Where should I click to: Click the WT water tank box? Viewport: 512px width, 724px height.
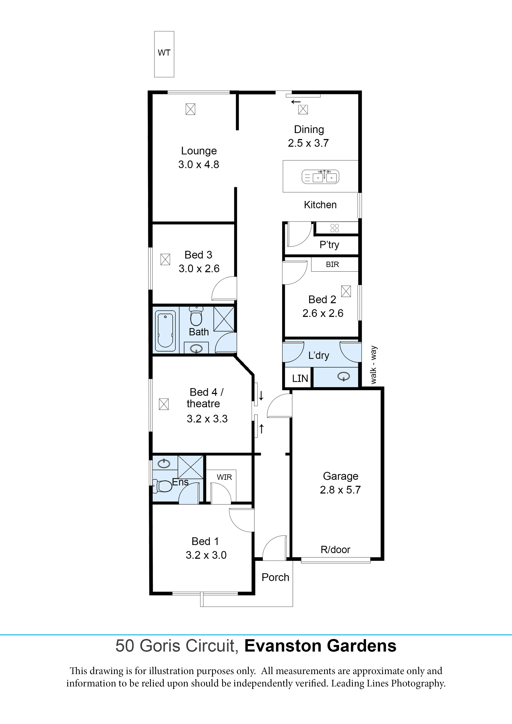point(164,54)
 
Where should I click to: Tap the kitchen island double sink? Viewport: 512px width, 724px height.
point(320,177)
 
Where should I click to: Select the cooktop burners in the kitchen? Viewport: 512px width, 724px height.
point(335,228)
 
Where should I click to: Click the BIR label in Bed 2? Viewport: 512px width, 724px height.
point(332,265)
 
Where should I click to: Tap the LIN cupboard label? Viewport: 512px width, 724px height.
point(300,378)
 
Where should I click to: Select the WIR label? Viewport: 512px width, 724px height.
point(224,477)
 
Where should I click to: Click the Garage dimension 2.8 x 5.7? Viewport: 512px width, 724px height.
point(340,490)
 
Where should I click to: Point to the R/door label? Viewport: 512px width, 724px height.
point(335,550)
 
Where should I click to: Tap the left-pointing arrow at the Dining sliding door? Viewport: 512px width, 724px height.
point(296,102)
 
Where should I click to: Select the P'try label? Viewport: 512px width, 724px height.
point(329,245)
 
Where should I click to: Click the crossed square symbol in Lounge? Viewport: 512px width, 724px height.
point(190,109)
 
